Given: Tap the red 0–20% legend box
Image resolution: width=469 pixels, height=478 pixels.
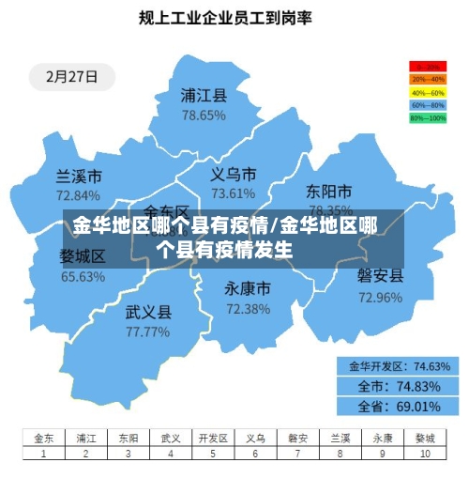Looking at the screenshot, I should tap(427, 67).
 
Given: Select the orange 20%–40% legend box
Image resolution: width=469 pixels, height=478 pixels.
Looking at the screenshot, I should tap(427, 80).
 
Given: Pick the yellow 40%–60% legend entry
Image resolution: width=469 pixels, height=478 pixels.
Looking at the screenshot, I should tap(427, 93).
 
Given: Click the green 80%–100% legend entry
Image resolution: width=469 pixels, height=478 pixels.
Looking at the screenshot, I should tap(427, 118).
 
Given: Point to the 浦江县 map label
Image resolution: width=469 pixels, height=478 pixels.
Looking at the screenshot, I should tap(204, 95).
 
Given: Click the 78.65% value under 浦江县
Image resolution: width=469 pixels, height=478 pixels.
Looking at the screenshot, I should tap(204, 115).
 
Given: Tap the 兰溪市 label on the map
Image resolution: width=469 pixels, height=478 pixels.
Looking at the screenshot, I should tap(79, 176).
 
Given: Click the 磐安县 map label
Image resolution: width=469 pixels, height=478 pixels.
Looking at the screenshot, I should tap(380, 276).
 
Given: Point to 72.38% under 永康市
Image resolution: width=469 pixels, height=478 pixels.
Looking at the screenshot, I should tap(248, 308).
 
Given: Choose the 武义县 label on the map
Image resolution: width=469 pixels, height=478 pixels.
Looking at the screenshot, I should tap(148, 312).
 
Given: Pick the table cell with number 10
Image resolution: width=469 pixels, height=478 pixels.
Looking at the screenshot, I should tap(425, 454).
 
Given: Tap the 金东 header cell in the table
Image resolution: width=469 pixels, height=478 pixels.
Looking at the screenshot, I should tap(44, 438).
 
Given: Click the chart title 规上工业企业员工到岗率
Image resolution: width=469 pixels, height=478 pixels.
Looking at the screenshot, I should tap(224, 17).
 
